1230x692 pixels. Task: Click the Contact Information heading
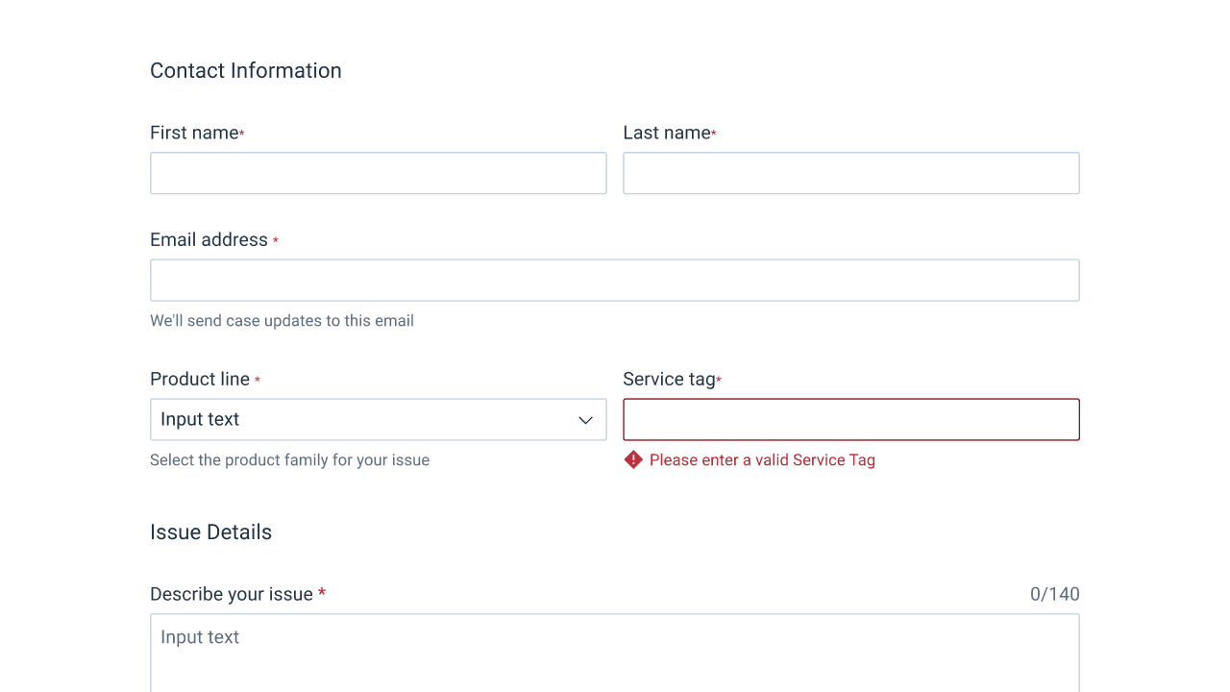[x=245, y=71]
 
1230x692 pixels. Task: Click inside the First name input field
[x=379, y=173]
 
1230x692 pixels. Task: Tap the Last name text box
[x=851, y=173]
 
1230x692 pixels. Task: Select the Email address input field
[x=615, y=280]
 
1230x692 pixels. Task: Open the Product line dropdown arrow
[x=585, y=420]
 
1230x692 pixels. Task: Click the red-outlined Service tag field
[x=851, y=420]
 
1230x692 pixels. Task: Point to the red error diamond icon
[x=633, y=459]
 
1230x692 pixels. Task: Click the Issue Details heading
[x=210, y=532]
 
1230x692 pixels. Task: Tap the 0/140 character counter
[x=1055, y=594]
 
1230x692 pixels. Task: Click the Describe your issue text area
[x=615, y=653]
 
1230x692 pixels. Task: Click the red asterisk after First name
[x=241, y=133]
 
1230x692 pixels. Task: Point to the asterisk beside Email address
[x=276, y=240]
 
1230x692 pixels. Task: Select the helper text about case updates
[x=282, y=321]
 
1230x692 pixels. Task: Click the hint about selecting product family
[x=289, y=459]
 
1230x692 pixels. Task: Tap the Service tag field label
[x=669, y=379]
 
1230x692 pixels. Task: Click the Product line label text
[x=200, y=379]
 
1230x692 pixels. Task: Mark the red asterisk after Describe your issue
[x=322, y=592]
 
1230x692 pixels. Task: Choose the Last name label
[x=667, y=133]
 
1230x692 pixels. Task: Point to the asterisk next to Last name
[x=714, y=133]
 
